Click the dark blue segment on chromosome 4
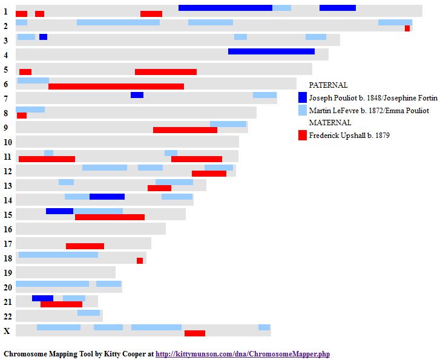tap(271, 51)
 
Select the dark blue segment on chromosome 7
tap(137, 95)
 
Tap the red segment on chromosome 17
tap(85, 246)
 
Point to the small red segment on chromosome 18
tap(140, 261)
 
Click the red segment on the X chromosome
tap(195, 333)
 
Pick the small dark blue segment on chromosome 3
tap(43, 37)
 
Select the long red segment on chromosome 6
tap(116, 87)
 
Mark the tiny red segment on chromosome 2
tap(407, 28)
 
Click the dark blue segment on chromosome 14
tap(107, 197)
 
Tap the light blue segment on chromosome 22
tap(88, 313)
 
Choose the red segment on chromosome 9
tap(185, 130)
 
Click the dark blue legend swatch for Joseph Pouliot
tap(303, 97)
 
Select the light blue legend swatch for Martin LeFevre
tap(303, 111)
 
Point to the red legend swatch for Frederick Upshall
tap(303, 136)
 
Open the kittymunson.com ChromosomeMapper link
tap(243, 354)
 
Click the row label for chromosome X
tap(7, 330)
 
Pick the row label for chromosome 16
tap(7, 229)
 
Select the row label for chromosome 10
tap(7, 142)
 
